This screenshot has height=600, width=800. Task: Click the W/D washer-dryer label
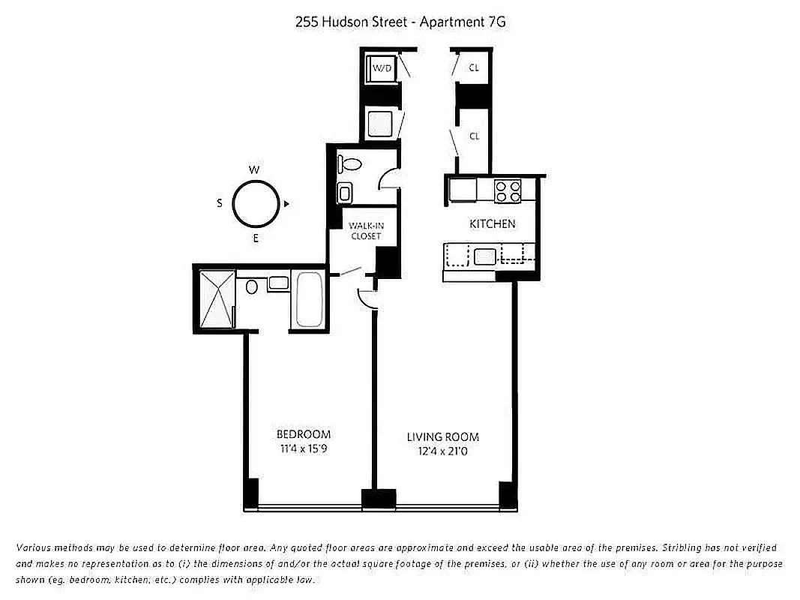[382, 67]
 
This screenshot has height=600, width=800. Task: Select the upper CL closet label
[474, 67]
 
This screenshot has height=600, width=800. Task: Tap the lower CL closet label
[474, 136]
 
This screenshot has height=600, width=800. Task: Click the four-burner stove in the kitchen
[508, 190]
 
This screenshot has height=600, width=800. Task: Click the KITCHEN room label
[492, 223]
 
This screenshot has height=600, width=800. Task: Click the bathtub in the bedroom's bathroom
[308, 301]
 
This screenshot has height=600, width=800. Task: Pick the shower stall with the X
[217, 298]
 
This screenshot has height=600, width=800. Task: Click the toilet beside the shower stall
[252, 286]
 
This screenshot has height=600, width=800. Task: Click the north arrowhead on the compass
[286, 203]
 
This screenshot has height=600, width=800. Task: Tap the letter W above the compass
[254, 170]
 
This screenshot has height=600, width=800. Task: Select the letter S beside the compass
[220, 203]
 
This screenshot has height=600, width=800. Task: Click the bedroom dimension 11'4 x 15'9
[304, 450]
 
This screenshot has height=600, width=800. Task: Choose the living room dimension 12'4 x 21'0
[443, 451]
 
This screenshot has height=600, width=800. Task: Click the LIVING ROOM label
[443, 436]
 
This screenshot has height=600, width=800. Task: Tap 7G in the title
[496, 22]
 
